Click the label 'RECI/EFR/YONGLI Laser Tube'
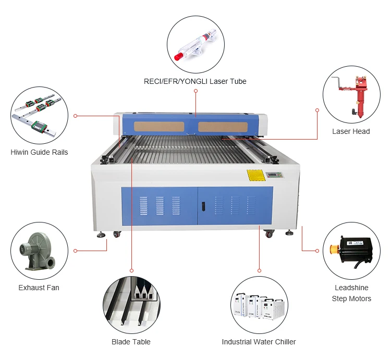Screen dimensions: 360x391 (195, 81)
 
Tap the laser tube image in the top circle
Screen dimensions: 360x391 (195, 45)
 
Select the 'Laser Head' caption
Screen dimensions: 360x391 (351, 131)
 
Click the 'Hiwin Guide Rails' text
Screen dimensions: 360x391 (39, 152)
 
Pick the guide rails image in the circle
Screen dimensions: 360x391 (39, 115)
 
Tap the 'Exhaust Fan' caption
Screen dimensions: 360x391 (39, 288)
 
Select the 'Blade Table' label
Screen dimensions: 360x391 (131, 342)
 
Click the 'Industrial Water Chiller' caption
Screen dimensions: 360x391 (259, 342)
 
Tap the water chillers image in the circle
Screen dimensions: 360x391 (259, 305)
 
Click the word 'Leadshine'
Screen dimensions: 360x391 (351, 288)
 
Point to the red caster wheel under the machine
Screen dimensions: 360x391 (269, 234)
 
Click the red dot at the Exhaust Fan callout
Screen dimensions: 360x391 (76, 251)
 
